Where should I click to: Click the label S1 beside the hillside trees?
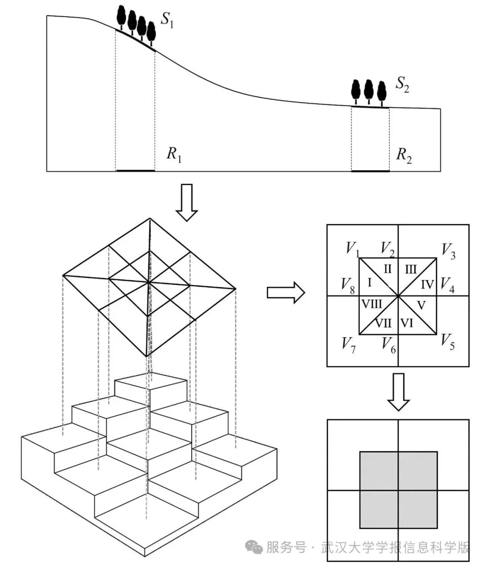point(167,21)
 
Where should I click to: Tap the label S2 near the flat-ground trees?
point(402,85)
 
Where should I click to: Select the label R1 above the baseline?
point(174,154)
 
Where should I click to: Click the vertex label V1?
point(352,248)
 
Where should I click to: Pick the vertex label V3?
point(448,251)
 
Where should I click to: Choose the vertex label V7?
point(348,344)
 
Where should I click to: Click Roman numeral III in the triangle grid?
point(410,270)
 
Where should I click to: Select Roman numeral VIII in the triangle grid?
point(372,304)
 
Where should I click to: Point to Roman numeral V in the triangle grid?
point(421,305)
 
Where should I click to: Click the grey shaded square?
point(398,490)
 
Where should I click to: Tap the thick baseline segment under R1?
point(135,171)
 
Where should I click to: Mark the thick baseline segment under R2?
point(370,171)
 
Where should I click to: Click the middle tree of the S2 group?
point(369,90)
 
